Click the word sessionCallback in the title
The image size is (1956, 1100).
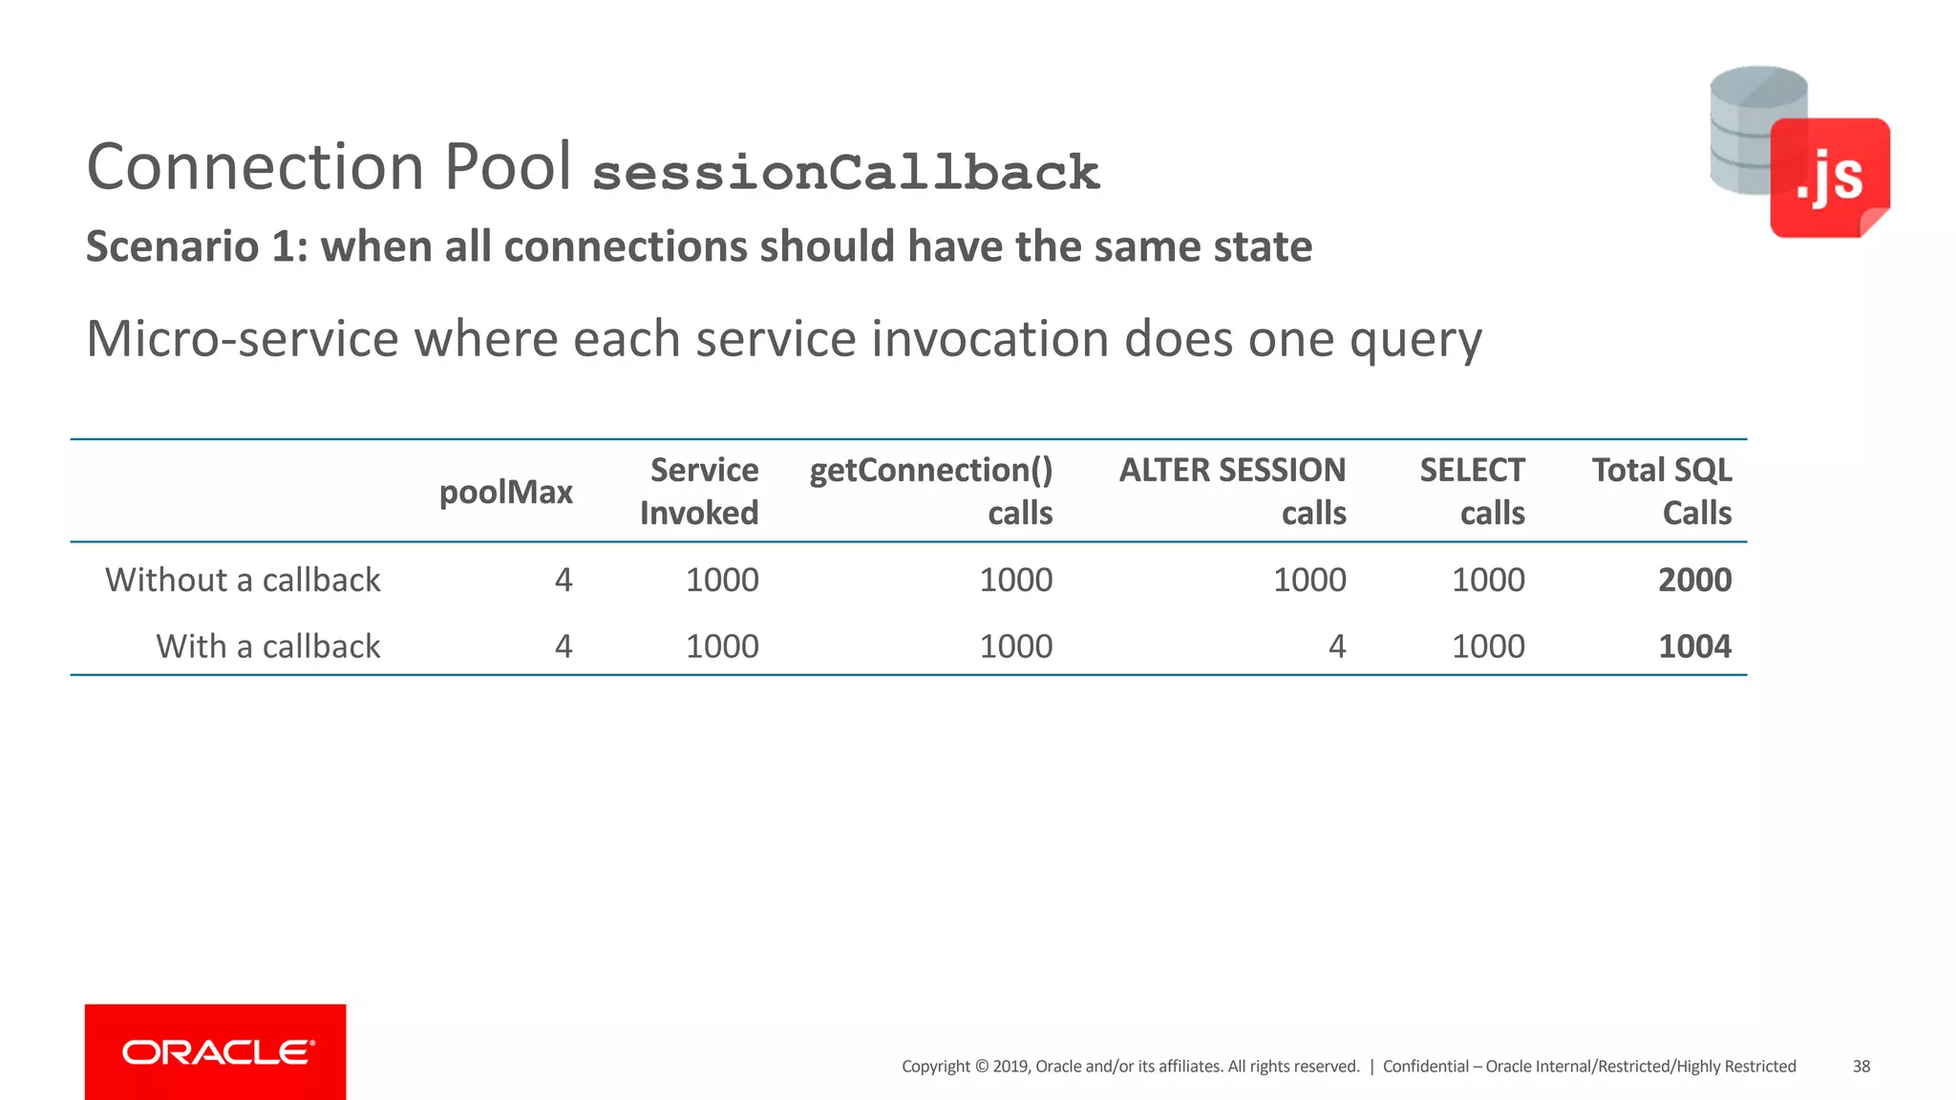click(846, 173)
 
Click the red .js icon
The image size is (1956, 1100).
click(1829, 178)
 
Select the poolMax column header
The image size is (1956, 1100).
click(505, 492)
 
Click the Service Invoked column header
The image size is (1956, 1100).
click(699, 491)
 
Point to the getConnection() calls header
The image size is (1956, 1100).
click(931, 491)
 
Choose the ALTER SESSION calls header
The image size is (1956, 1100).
click(1232, 491)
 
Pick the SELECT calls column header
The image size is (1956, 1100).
click(1472, 491)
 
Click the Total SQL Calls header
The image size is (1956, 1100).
click(1662, 491)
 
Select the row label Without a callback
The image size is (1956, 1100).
click(243, 580)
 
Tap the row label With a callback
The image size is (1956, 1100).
click(268, 646)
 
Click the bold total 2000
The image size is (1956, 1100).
click(1694, 580)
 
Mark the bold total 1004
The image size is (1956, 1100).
click(1694, 646)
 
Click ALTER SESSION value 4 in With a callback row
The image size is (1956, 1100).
click(1336, 646)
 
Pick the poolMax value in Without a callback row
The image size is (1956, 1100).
click(563, 580)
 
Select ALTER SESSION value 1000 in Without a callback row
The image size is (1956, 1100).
click(1309, 580)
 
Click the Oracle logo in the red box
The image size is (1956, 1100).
click(216, 1052)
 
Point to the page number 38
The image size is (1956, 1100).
click(1860, 1067)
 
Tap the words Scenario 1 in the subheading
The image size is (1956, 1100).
click(191, 246)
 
